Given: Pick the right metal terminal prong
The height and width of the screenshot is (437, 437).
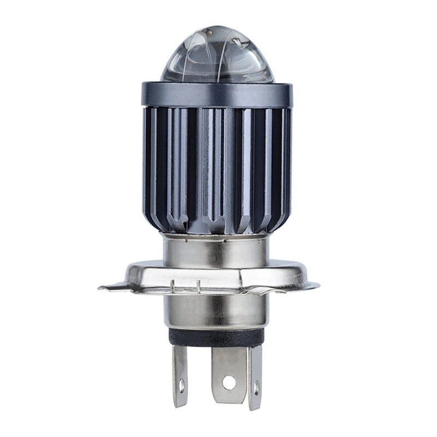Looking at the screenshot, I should pos(255,377).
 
